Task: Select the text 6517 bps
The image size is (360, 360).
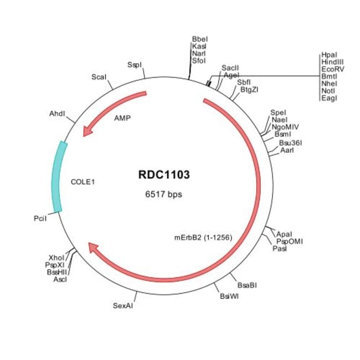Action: coord(163,194)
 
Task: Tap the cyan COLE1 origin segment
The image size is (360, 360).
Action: coord(57,176)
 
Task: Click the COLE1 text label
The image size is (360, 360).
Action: coord(83,181)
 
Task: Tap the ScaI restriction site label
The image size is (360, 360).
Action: coord(99,77)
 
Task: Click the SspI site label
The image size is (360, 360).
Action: coord(135,65)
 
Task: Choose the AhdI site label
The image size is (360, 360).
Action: coord(57,114)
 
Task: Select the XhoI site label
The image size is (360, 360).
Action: coord(56,258)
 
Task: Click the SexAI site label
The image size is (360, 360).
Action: coord(123,305)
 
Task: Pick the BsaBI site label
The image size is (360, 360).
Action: coord(247,285)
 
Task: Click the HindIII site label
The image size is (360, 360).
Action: coord(332,63)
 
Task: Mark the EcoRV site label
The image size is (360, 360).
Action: coord(332,70)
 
